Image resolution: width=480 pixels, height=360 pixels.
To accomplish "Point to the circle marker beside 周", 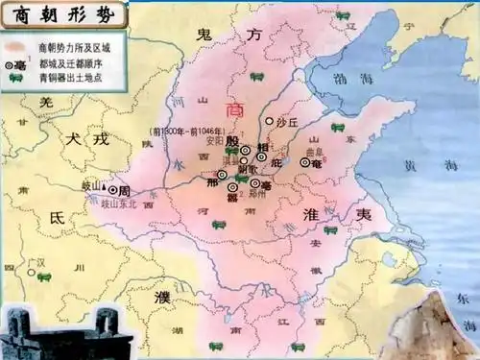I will tap(113, 190).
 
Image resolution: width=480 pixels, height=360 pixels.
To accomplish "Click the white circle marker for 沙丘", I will tap(269, 122).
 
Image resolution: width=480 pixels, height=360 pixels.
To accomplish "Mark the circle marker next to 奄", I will tap(306, 162).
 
